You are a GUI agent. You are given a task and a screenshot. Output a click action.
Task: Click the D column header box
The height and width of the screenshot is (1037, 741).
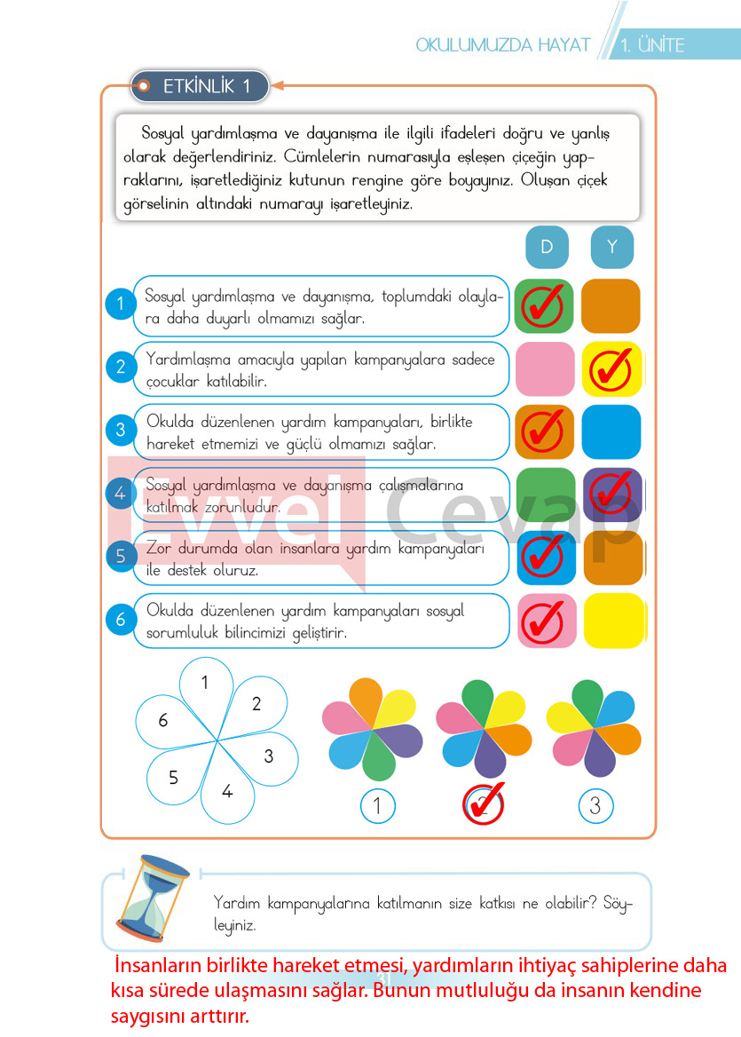coord(547,247)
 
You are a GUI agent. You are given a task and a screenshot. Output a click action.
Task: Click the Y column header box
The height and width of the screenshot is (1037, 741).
coord(612,247)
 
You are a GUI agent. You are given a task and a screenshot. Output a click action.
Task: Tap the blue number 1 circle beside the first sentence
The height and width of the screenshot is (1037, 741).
coord(121,305)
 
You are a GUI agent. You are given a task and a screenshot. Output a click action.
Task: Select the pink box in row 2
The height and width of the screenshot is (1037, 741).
coord(545,368)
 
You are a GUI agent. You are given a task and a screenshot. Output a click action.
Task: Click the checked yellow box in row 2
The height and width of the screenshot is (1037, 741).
coord(611,368)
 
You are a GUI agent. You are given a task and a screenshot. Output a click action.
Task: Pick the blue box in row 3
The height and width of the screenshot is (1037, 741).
coord(611,431)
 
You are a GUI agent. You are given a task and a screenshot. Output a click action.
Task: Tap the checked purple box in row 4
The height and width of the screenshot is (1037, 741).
coord(612,495)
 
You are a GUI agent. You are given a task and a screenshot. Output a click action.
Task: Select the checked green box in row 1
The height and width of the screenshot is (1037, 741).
coord(544,305)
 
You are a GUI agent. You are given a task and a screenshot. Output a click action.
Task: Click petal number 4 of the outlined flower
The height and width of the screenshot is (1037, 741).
coord(226,788)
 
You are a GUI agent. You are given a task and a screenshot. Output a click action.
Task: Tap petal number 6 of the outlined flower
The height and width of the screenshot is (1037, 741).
coord(165,720)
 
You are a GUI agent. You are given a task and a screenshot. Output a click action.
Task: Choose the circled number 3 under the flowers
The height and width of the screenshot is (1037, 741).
coord(595,806)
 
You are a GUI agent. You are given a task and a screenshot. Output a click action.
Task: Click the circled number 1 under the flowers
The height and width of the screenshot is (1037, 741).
coord(378,806)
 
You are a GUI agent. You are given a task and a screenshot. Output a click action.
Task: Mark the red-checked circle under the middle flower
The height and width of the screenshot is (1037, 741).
coord(484,804)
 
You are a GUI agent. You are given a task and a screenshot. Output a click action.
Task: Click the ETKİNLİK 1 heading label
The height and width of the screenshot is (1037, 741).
coord(201,87)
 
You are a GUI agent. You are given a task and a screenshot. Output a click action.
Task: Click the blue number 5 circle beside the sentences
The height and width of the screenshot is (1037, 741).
coord(121,558)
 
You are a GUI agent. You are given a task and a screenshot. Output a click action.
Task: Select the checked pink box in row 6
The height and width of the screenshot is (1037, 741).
coord(545,621)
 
